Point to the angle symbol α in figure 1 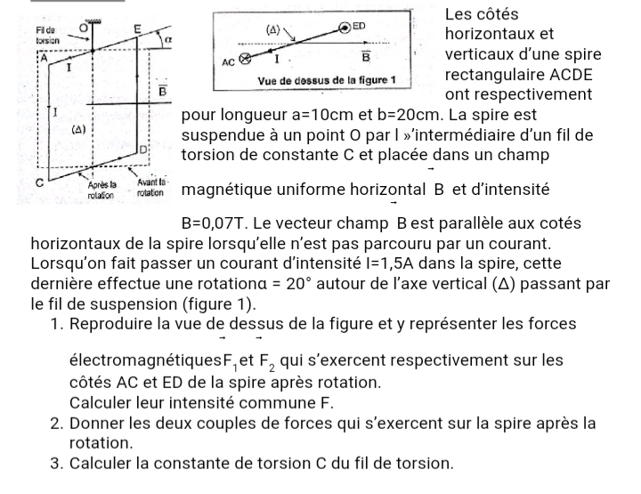tap(167, 41)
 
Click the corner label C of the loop tap(39, 182)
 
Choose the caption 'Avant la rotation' tap(152, 188)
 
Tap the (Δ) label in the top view tap(275, 29)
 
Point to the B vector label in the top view tap(366, 58)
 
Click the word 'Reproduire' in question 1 tap(114, 323)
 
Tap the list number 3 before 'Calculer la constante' tap(57, 463)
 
